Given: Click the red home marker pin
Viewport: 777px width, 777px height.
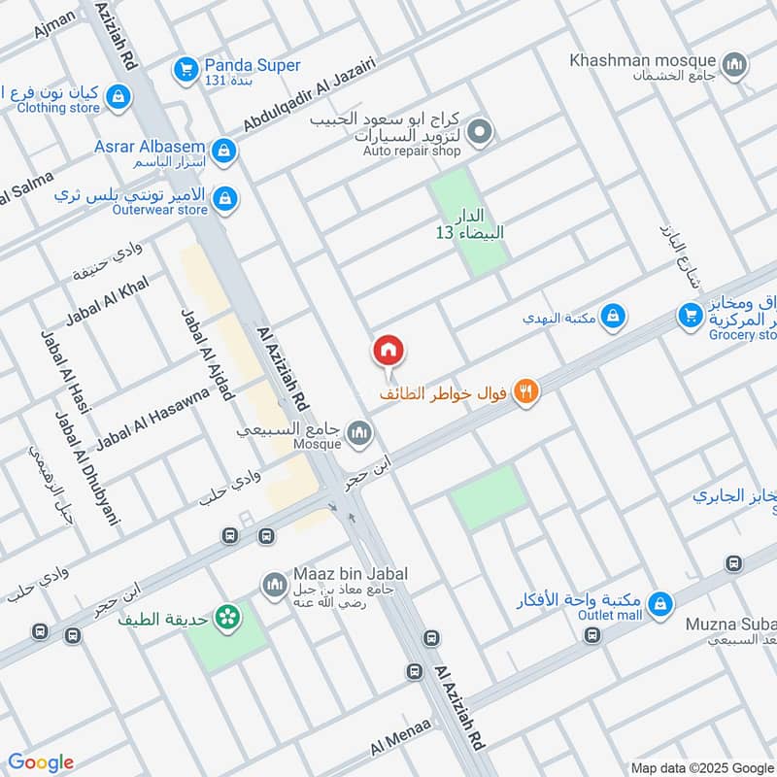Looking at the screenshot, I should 388,351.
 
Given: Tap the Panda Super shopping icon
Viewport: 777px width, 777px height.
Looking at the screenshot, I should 185,69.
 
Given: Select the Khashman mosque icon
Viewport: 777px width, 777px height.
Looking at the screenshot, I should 737,65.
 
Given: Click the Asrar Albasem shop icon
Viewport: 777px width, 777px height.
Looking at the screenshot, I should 224,150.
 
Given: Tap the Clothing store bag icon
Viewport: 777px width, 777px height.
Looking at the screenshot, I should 118,96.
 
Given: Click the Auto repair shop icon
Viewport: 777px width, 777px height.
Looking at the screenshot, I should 478,130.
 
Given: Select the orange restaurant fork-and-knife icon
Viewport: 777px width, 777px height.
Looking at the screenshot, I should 526,391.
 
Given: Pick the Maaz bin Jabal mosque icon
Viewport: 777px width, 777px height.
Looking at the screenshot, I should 274,585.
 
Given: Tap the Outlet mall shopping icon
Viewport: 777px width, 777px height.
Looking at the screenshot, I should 660,603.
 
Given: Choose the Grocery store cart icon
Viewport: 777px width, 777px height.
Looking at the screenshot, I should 691,316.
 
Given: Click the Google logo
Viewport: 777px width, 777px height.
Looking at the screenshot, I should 41,762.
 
